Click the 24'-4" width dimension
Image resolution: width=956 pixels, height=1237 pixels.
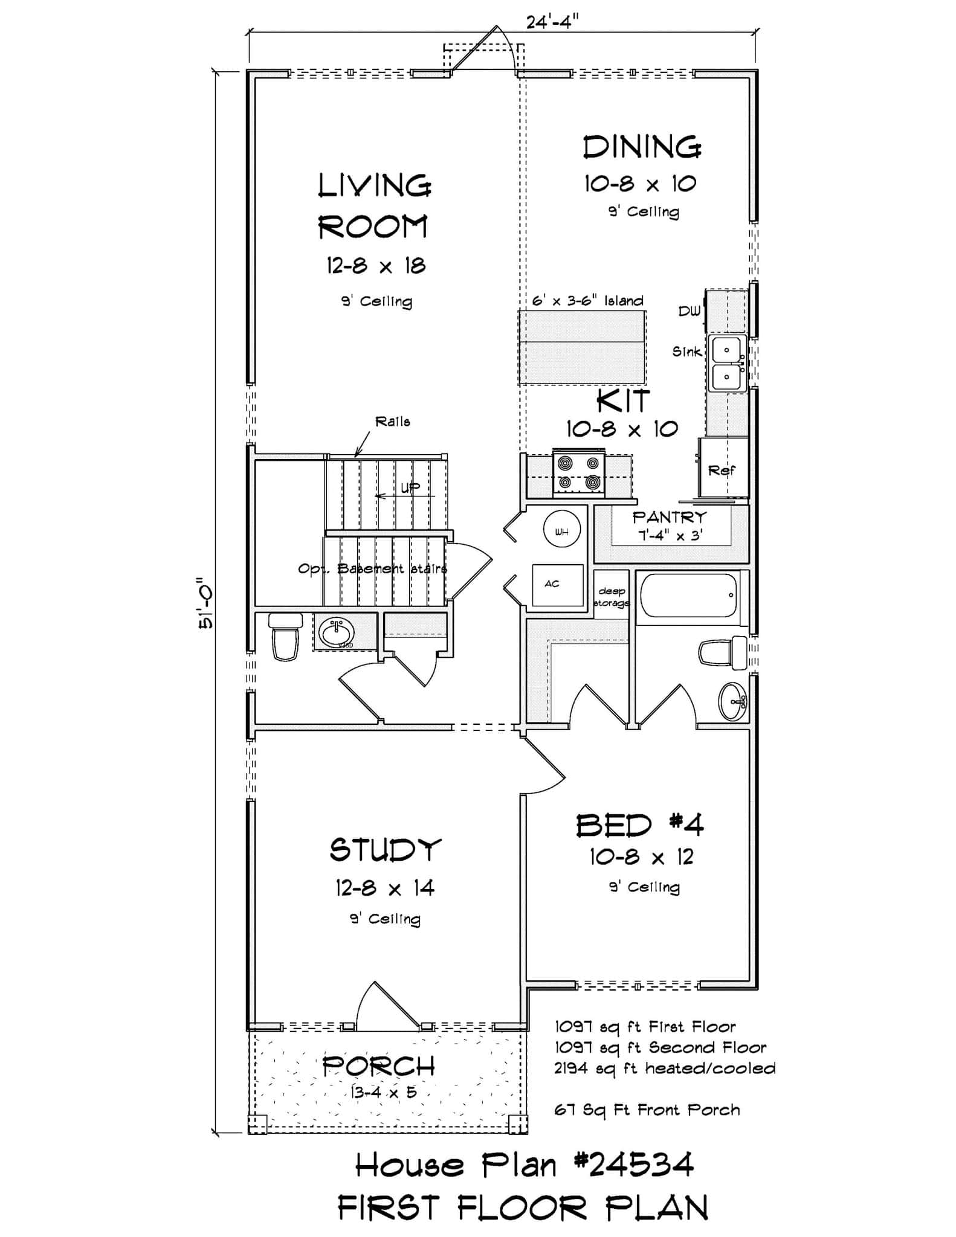[552, 22]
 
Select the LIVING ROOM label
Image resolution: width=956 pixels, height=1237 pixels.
[374, 206]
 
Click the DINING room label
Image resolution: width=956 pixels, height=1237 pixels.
[642, 147]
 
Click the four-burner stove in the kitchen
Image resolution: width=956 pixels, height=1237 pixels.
[579, 473]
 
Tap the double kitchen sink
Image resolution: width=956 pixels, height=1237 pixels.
[727, 364]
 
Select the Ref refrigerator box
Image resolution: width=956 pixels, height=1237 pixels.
[723, 469]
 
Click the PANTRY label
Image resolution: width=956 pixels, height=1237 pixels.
[669, 518]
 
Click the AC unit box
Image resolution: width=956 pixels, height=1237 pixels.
[557, 585]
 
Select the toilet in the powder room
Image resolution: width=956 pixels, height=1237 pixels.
[285, 637]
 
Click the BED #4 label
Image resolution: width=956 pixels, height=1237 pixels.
[639, 825]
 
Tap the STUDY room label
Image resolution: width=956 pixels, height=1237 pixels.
[385, 850]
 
